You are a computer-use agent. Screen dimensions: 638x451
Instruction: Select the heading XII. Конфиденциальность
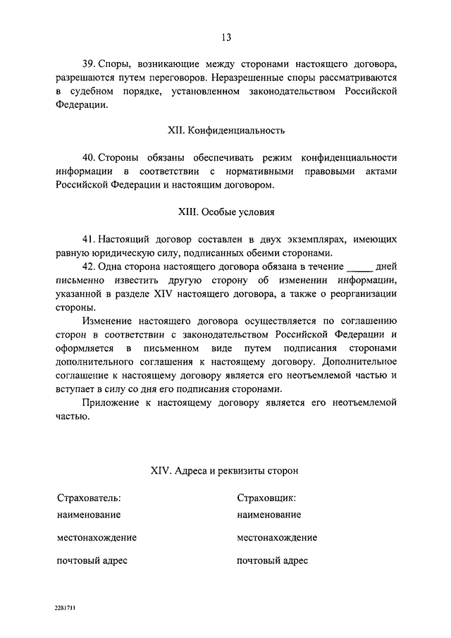225,130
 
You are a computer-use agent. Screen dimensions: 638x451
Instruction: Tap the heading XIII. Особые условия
225,211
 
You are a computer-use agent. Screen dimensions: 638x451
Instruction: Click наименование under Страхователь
89,515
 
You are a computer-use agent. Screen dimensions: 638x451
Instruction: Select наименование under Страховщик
269,515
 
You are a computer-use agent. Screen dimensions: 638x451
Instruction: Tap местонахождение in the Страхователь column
97,538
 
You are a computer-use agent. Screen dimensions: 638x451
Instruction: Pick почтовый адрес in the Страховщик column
272,561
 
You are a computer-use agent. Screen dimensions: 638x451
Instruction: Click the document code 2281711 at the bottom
64,606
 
